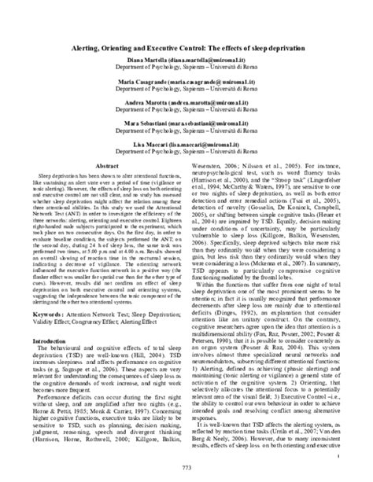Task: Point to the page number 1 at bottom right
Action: click(338, 454)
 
